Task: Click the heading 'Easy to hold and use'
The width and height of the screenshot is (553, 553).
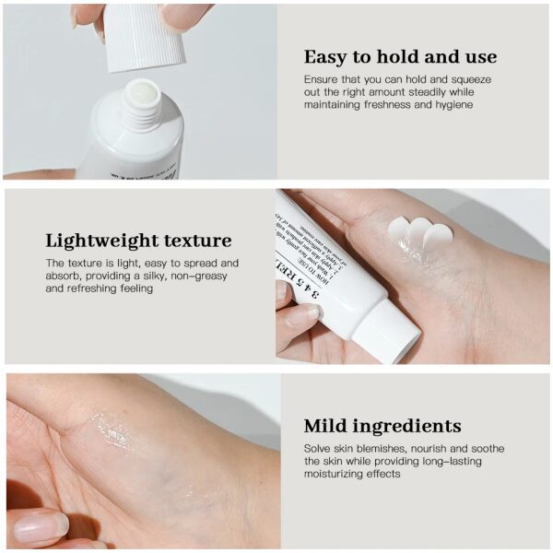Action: tap(400, 57)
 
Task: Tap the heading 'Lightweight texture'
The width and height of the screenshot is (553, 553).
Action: tap(138, 241)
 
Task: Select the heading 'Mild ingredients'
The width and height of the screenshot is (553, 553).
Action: tap(382, 426)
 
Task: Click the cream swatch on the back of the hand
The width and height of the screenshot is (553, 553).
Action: tap(420, 234)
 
